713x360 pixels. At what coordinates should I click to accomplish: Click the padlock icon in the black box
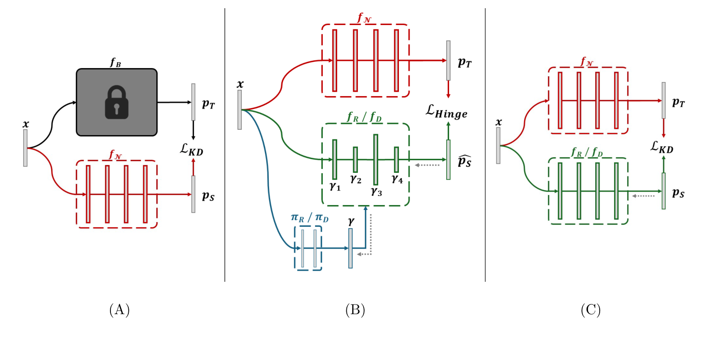pos(117,102)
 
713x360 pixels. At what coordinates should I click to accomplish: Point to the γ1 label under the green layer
pos(335,186)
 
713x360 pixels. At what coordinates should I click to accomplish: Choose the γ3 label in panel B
pos(376,192)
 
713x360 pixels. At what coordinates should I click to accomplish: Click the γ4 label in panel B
pos(397,179)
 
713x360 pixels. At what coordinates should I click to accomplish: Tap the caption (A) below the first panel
pos(119,310)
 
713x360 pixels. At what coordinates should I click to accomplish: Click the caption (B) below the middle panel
pos(355,310)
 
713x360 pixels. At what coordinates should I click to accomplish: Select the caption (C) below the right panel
pos(590,310)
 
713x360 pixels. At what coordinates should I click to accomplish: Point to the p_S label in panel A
pos(208,196)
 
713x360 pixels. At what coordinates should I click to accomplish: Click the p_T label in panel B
pos(465,62)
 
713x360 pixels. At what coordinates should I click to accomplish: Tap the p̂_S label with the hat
pos(464,161)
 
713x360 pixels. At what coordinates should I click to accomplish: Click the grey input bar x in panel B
pos(240,110)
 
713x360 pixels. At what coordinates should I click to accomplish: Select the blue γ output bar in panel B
pos(350,248)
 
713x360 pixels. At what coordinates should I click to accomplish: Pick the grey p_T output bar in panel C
pos(664,100)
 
